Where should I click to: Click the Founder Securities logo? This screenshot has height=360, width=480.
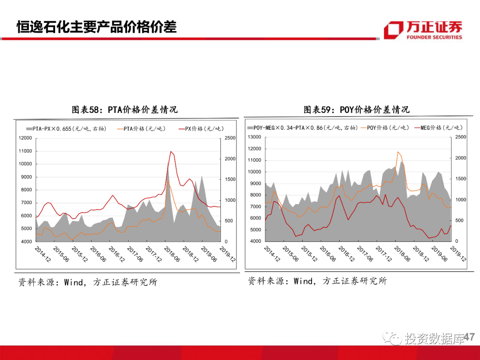[423, 30]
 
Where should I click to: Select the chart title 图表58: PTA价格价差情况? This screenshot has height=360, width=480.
[125, 109]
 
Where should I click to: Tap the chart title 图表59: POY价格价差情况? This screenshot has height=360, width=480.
[356, 109]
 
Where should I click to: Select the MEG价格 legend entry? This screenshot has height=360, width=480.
[437, 128]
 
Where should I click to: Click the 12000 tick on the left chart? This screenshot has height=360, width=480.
[25, 138]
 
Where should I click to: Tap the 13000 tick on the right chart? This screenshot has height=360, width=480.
[255, 137]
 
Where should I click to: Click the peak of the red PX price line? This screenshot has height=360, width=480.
[171, 152]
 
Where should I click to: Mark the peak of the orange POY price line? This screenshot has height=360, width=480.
[398, 152]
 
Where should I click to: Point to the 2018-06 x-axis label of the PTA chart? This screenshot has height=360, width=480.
[172, 254]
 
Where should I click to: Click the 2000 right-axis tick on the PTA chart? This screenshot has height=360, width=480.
[230, 159]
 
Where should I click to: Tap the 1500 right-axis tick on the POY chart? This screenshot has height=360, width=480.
[460, 179]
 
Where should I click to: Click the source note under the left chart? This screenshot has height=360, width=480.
[87, 282]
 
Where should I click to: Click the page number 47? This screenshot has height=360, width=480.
[469, 338]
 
